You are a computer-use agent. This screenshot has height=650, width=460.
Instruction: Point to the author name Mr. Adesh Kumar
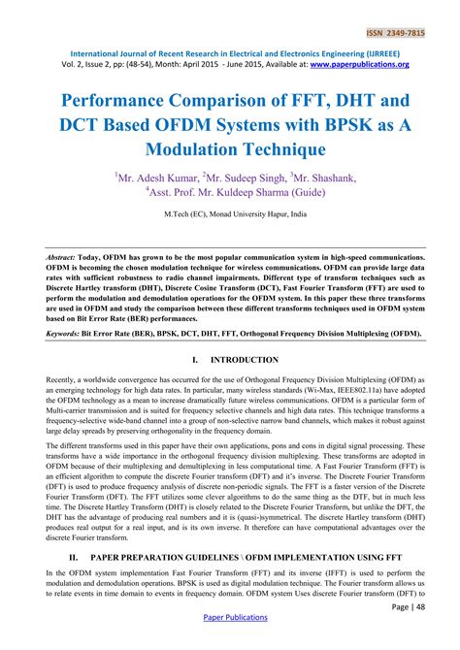click(x=155, y=178)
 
